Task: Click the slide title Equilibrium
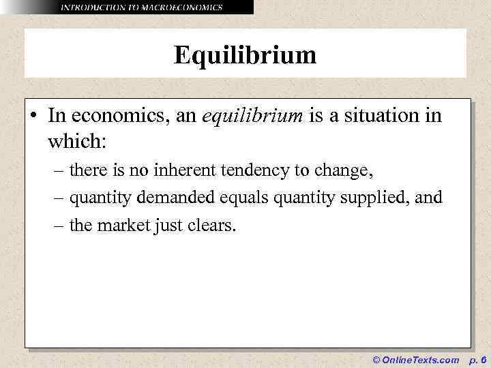tap(245, 55)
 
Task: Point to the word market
tap(128, 225)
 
